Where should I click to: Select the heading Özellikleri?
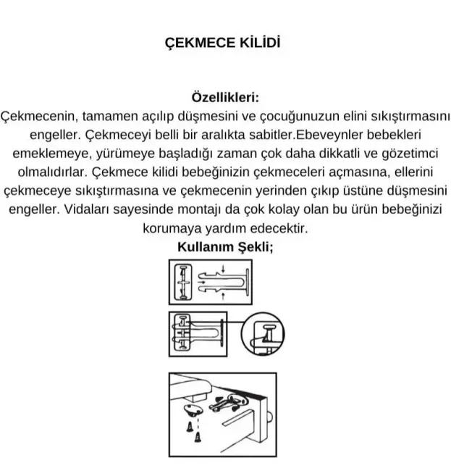click(x=225, y=97)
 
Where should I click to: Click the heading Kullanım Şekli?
click(x=225, y=246)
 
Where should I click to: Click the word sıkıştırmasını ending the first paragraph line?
click(x=401, y=116)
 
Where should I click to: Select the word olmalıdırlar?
click(x=51, y=173)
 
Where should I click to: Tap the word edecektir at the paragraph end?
click(x=277, y=229)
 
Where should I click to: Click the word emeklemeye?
click(x=47, y=154)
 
